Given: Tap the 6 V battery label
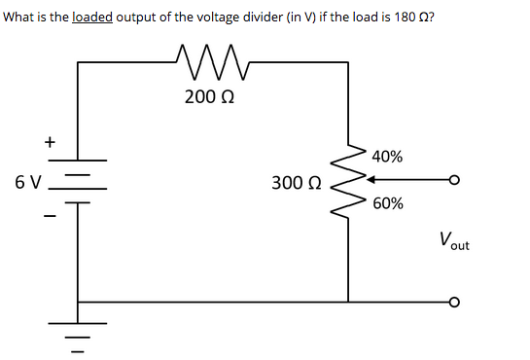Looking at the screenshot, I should click(x=28, y=181).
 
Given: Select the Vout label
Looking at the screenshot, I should click(x=453, y=240).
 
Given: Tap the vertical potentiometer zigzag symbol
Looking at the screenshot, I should click(x=348, y=180).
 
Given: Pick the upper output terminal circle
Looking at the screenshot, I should click(x=453, y=180).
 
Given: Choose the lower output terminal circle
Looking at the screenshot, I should click(x=453, y=302).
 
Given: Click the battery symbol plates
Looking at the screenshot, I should click(x=79, y=181).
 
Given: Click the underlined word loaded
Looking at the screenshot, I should click(x=93, y=20).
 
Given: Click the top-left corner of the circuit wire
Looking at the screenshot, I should click(x=79, y=63).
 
